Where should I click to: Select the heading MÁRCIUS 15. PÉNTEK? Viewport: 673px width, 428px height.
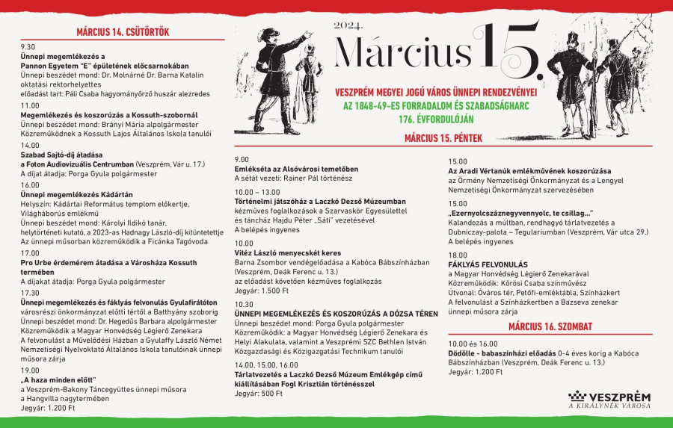click(x=443, y=137)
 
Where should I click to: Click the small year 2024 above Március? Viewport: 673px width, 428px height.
click(x=348, y=25)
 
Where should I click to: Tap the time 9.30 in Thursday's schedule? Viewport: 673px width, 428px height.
click(x=28, y=46)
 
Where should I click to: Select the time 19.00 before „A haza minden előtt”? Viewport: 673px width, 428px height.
click(x=29, y=370)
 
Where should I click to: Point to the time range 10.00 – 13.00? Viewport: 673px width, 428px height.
click(x=256, y=192)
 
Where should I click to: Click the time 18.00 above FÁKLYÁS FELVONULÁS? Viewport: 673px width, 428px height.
click(x=458, y=255)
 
